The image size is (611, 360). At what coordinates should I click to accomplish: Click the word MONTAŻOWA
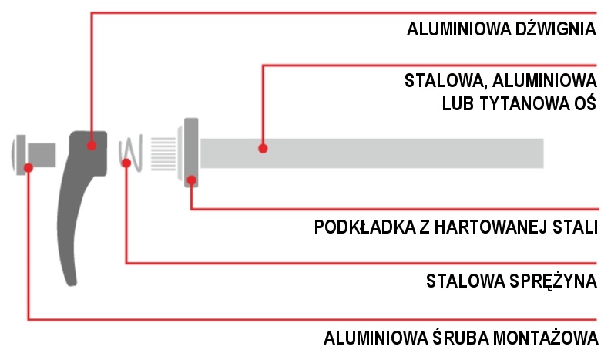pos(546,338)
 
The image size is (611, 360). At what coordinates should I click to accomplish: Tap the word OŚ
pos(585,103)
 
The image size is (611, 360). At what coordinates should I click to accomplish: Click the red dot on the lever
pos(92,146)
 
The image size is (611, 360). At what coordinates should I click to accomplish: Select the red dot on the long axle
pos(263,148)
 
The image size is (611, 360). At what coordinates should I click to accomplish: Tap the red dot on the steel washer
pos(191,180)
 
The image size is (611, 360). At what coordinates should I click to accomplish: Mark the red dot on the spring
pos(126,163)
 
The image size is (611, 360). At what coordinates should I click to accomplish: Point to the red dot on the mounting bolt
pos(28,168)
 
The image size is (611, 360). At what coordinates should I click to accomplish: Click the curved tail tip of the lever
pos(72,284)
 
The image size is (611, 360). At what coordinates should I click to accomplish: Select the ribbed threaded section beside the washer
pos(163,154)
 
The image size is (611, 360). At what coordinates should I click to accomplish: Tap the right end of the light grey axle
pos(543,153)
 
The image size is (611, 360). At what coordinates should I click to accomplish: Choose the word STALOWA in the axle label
pos(446,81)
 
